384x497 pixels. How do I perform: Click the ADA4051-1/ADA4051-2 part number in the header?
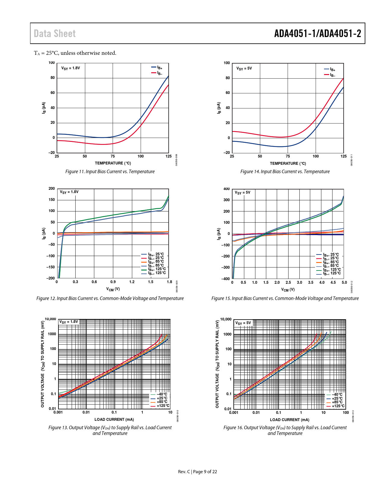(317, 33)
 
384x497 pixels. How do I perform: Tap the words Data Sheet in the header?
(55, 33)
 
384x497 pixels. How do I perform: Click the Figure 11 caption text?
(110, 171)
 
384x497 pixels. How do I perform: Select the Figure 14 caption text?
(285, 171)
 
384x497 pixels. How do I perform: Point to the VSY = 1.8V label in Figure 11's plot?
(71, 68)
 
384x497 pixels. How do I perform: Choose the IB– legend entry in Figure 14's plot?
(330, 75)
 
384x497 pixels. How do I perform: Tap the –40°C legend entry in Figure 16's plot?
(335, 395)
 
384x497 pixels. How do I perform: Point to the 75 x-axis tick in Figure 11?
(113, 156)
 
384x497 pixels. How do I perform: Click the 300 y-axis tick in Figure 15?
(226, 200)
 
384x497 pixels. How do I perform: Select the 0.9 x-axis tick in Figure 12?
(113, 282)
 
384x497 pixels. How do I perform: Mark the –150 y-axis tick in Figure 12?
(51, 267)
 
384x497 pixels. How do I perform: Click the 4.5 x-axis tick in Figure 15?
(333, 283)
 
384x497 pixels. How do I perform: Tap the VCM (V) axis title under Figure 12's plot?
(113, 289)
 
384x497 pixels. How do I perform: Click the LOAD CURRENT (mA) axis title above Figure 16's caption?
(289, 420)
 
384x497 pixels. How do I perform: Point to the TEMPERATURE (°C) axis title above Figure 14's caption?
(288, 164)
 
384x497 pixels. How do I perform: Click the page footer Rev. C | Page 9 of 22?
(197, 472)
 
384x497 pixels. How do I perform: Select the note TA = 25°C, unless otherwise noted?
(75, 53)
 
